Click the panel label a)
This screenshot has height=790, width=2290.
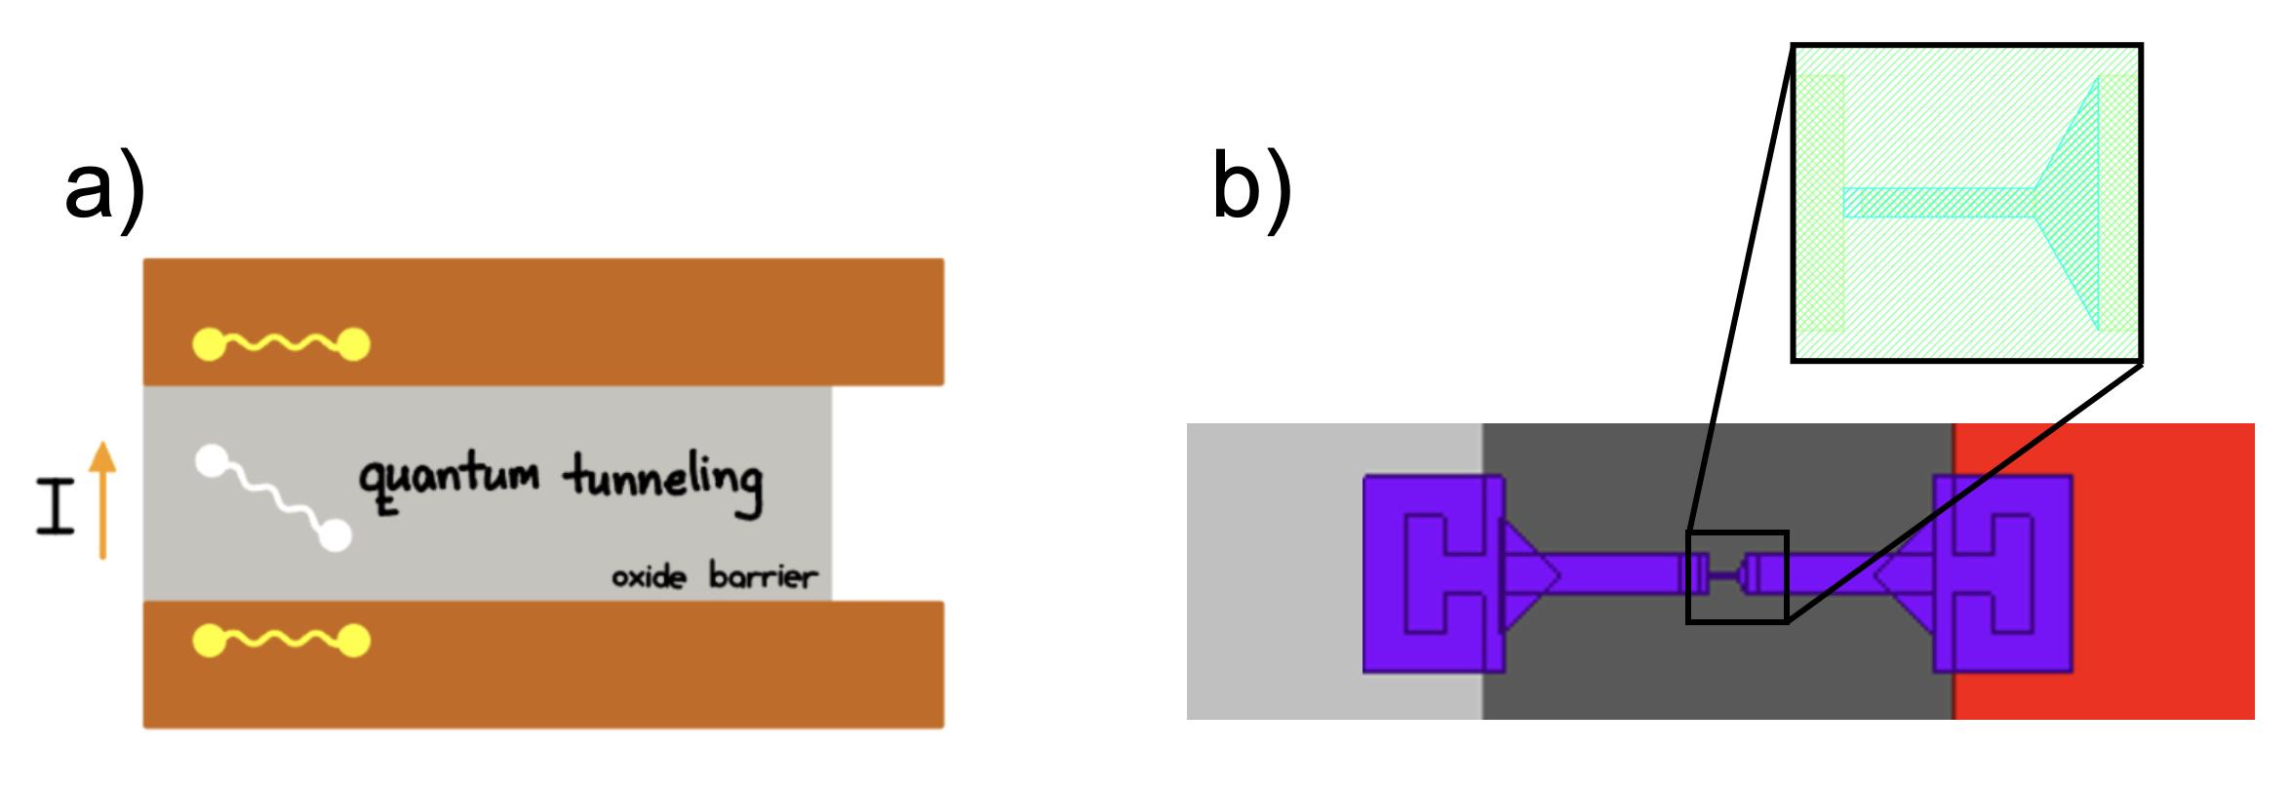pyautogui.click(x=104, y=193)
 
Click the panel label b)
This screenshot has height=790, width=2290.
pyautogui.click(x=1251, y=193)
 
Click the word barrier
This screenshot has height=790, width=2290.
pyautogui.click(x=762, y=577)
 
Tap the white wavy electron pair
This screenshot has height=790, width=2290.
pyautogui.click(x=273, y=497)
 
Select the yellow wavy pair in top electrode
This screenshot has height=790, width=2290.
pyautogui.click(x=281, y=343)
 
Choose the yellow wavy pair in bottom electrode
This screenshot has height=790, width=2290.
pyautogui.click(x=281, y=640)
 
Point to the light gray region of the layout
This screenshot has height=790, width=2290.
pyautogui.click(x=1268, y=585)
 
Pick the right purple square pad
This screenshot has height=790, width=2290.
pyautogui.click(x=2003, y=573)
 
